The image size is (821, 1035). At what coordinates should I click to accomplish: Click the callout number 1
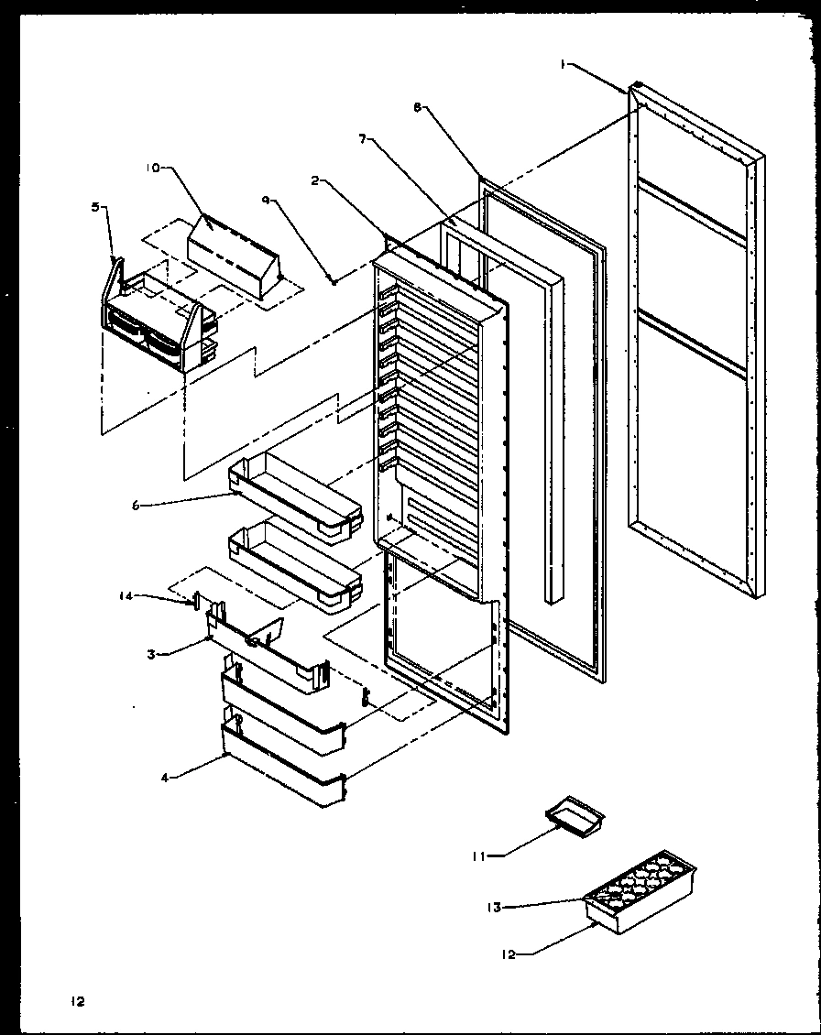(x=564, y=63)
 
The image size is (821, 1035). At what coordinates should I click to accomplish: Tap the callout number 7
(x=363, y=139)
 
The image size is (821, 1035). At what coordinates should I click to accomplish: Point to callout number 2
(x=314, y=181)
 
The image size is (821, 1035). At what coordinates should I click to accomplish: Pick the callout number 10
(x=152, y=168)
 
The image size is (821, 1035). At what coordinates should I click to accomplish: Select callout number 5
(x=96, y=207)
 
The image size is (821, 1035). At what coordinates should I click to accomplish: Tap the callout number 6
(x=136, y=504)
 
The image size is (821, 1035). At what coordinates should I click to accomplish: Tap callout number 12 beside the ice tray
(x=509, y=954)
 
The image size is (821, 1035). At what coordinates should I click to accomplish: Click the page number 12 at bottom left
(x=78, y=1002)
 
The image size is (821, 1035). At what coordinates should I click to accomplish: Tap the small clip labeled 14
(x=195, y=601)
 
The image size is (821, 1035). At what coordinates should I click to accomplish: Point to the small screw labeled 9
(x=334, y=280)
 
